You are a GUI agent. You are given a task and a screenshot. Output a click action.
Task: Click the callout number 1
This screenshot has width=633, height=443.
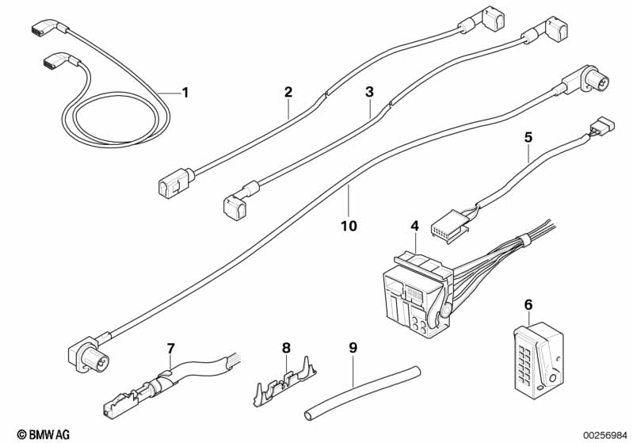[185, 93]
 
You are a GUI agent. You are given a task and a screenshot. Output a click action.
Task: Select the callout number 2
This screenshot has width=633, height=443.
[288, 92]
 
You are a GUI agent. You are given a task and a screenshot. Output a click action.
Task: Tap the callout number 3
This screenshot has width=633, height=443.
[369, 92]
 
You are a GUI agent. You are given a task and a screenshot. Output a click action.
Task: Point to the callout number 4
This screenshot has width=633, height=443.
[415, 226]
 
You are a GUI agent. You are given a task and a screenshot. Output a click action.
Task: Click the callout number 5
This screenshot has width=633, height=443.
[528, 138]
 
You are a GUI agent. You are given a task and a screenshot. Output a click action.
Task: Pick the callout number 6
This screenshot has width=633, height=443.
[528, 305]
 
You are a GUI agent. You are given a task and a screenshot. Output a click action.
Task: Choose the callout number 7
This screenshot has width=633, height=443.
[171, 348]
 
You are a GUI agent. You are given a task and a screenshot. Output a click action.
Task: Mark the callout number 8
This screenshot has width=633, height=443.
[286, 348]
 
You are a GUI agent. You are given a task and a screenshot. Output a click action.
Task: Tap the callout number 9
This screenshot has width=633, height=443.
[353, 348]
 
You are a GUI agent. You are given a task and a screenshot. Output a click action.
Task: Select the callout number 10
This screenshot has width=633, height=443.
[349, 226]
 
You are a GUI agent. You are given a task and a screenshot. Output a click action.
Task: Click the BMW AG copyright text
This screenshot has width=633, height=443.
[44, 434]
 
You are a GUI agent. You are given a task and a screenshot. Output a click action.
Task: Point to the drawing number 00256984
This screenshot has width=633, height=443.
[605, 435]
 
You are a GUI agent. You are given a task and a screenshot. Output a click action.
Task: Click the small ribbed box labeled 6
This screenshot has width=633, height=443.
[539, 357]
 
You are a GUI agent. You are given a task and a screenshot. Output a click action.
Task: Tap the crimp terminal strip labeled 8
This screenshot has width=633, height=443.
[285, 384]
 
